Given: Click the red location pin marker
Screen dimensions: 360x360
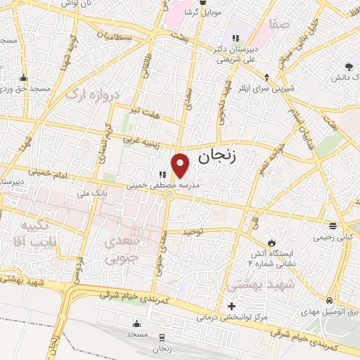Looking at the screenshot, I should point(181,165).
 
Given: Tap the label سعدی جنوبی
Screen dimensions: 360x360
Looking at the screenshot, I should point(123,250).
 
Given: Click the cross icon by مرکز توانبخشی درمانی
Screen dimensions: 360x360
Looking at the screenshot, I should point(231,306).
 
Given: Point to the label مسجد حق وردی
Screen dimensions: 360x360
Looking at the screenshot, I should point(25,89).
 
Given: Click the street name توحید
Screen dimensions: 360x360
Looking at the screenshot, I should point(192,231).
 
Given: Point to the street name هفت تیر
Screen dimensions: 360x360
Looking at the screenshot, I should point(146,110).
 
